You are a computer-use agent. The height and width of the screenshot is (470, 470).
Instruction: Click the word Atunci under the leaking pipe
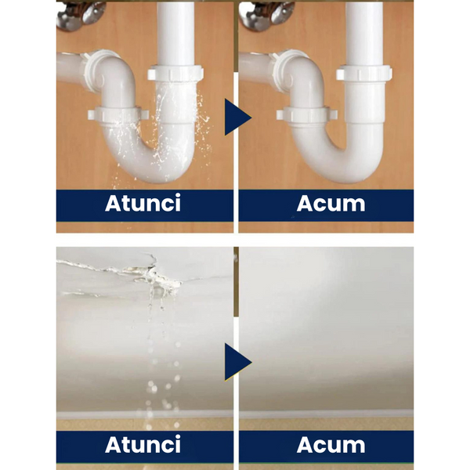pos(143,203)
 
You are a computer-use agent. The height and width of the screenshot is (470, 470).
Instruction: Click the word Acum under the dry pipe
pos(331,204)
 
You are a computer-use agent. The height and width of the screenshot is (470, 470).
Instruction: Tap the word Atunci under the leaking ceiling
pos(143,444)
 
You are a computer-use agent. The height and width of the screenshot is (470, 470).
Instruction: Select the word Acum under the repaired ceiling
pos(331,445)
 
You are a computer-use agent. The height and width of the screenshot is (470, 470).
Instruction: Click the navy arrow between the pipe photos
pos(237,117)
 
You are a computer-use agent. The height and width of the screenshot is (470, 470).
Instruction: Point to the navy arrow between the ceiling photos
pos(237,362)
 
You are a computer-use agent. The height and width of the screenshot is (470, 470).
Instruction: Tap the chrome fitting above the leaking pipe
pos(81,15)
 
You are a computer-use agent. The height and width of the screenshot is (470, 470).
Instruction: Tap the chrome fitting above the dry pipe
pos(267,15)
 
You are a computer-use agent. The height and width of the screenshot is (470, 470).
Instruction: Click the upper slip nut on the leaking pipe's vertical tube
pos(175,73)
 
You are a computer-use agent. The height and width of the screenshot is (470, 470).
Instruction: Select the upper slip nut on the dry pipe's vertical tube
pos(364,73)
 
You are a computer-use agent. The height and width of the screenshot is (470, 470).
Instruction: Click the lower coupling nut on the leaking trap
pos(117,114)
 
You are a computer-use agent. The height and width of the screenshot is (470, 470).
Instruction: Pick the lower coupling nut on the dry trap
pos(306,114)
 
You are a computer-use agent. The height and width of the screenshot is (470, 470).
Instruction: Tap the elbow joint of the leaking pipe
pos(112,75)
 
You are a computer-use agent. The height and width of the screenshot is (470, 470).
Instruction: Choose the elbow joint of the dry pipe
pos(301,75)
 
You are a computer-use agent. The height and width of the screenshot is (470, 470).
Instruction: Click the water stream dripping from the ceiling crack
pos(159,360)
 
